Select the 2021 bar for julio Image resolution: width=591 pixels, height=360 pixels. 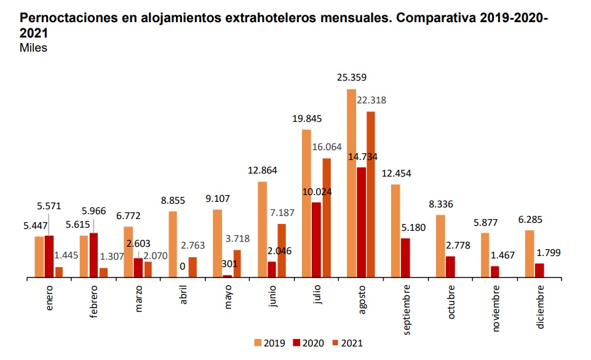coord(327,218)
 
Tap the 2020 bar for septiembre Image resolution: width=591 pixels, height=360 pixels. coord(405,258)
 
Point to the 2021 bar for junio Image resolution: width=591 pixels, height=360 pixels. coord(282,250)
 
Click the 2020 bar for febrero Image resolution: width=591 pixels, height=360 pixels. coord(93,255)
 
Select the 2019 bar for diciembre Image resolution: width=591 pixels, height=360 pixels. coord(530,254)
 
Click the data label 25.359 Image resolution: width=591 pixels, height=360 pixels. coord(352,78)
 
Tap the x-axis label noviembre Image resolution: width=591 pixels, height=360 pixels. coord(496,308)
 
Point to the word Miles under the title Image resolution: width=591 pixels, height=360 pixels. coord(34,48)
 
